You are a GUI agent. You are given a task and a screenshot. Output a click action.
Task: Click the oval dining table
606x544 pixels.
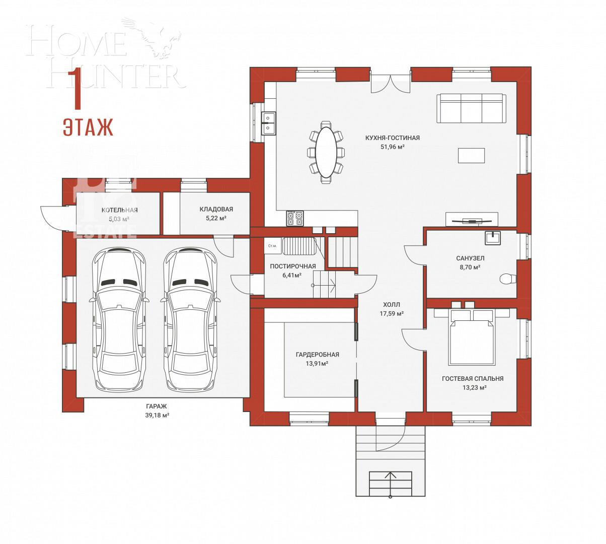tap(326, 152)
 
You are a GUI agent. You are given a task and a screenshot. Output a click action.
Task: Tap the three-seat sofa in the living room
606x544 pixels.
tap(471, 107)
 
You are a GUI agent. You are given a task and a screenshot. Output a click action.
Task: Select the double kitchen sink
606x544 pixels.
tap(268, 123)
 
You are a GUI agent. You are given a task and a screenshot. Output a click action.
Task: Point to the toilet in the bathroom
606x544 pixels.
tap(507, 279)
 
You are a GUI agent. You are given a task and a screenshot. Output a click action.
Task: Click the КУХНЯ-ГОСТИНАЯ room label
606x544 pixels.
tap(393, 138)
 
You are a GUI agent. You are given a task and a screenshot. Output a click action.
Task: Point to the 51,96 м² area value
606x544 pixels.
tap(393, 147)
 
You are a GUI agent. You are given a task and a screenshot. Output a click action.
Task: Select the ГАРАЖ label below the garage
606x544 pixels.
tap(156, 406)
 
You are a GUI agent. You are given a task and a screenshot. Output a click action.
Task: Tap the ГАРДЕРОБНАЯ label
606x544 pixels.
tap(317, 354)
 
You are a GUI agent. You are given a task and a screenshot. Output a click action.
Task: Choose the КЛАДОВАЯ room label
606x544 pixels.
tap(216, 209)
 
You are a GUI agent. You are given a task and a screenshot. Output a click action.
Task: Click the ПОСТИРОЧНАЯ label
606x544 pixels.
tap(292, 266)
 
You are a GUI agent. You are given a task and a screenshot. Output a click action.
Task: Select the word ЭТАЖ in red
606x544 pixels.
tap(88, 127)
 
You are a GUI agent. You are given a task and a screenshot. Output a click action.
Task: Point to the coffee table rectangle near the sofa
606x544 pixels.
tap(471, 155)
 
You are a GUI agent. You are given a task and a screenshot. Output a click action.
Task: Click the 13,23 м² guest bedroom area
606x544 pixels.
tap(472, 388)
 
